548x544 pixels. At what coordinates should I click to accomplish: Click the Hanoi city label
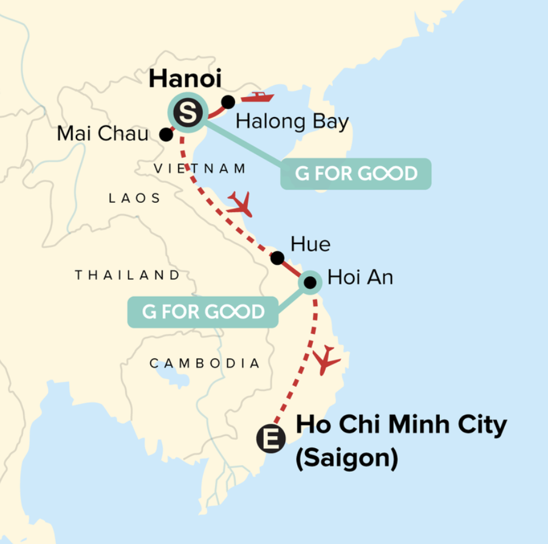[185, 78]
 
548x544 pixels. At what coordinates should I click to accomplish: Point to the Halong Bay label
[292, 122]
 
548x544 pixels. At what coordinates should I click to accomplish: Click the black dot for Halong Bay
[228, 102]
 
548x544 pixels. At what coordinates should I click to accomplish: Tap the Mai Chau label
[102, 134]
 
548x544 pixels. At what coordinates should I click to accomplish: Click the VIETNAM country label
[200, 169]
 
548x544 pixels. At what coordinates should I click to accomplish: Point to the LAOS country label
[134, 198]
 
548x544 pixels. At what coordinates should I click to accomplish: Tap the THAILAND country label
[128, 275]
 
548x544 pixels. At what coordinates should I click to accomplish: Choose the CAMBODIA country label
[205, 364]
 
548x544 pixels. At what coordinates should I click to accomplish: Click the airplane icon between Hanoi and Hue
[241, 204]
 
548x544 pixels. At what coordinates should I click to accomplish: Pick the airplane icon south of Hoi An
[326, 360]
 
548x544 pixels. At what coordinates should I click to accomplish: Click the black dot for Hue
[277, 258]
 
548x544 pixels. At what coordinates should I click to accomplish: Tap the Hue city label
[310, 244]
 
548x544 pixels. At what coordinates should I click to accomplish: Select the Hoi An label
[360, 277]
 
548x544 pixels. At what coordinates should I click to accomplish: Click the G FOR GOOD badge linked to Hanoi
[356, 174]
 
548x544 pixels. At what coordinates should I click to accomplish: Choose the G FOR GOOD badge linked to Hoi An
[203, 312]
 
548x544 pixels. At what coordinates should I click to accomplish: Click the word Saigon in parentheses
[347, 458]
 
